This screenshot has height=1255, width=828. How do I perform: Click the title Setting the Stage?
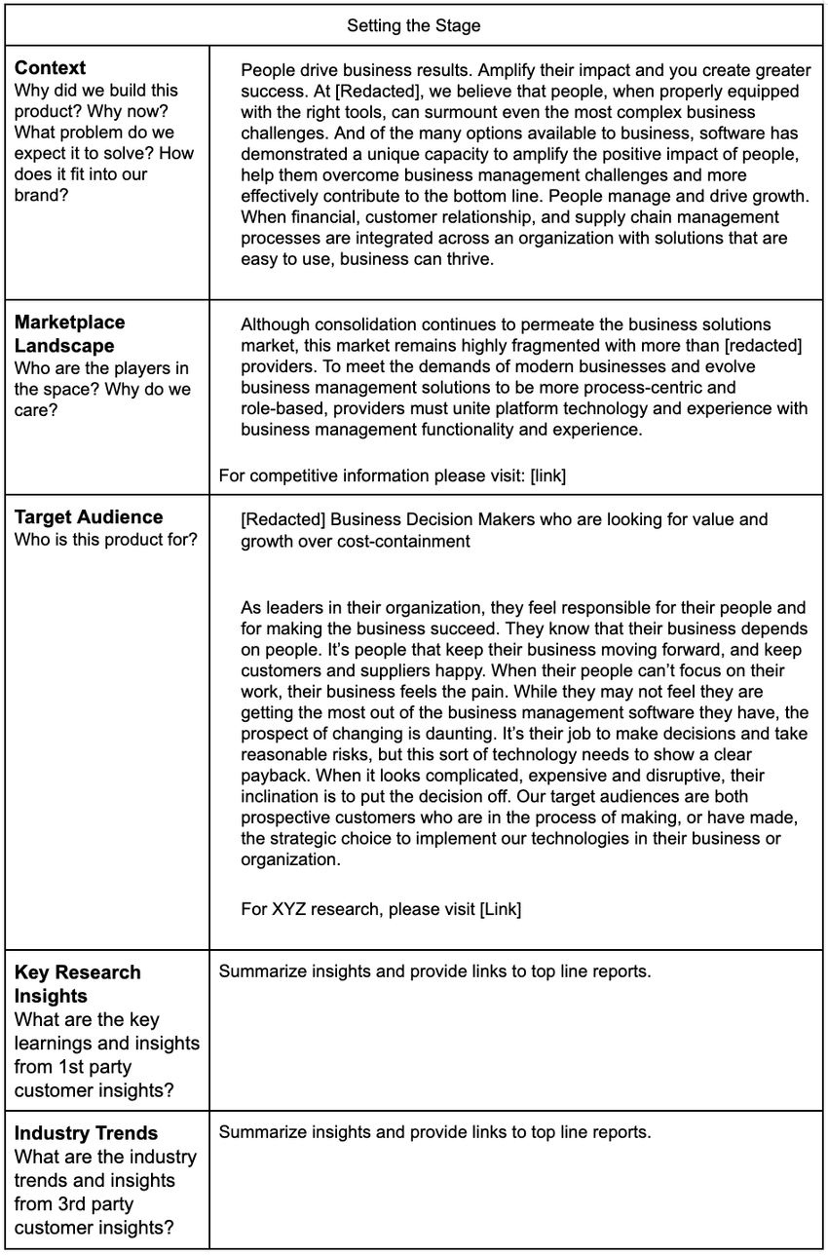[414, 26]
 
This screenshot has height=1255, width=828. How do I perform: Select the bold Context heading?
[51, 68]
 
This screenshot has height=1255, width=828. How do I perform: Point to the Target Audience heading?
[89, 517]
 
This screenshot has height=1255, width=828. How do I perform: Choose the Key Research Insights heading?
[78, 984]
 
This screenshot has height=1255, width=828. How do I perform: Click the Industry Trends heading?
[86, 1134]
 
